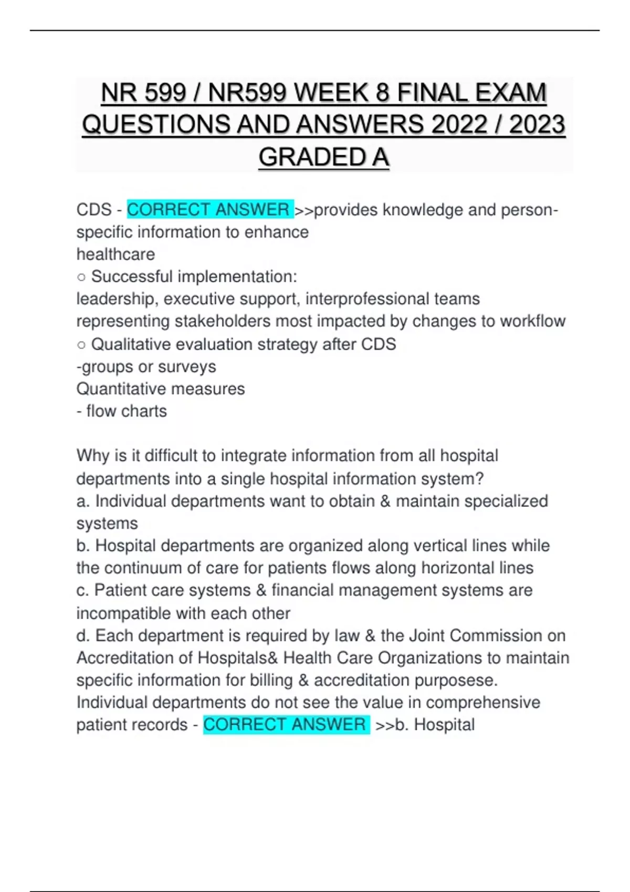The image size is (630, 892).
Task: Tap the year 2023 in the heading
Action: click(537, 125)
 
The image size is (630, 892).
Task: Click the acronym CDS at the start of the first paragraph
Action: click(94, 210)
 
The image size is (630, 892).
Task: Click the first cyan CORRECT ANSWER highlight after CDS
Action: click(209, 210)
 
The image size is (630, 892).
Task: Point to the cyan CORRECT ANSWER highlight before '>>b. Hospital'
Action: click(285, 725)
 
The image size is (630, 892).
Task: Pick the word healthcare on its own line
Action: click(115, 254)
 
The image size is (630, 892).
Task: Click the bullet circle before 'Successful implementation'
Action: click(81, 277)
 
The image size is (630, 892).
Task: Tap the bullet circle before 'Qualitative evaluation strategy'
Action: click(81, 345)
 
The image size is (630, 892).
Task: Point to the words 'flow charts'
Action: click(127, 411)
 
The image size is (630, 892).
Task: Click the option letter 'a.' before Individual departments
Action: click(83, 502)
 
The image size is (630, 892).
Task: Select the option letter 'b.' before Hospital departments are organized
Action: click(83, 546)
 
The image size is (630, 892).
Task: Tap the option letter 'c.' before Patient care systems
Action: click(83, 590)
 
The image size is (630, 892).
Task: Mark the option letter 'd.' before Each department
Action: click(83, 636)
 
